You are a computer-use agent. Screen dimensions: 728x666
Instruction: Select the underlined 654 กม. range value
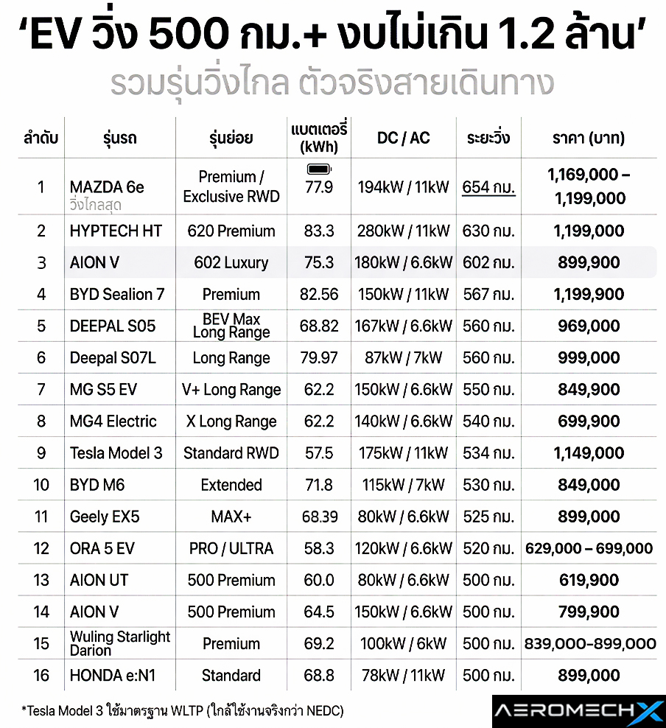coord(488,187)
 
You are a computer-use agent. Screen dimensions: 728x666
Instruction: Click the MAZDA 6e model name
coord(107,187)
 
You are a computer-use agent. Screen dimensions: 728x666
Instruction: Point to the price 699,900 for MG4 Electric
coord(589,421)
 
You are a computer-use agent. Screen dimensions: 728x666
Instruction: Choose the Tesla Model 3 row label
coord(116,453)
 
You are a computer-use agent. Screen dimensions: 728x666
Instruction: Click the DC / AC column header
coord(403,138)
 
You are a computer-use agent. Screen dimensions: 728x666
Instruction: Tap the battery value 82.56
coord(319,295)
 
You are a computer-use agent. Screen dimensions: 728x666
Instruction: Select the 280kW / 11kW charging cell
coord(403,231)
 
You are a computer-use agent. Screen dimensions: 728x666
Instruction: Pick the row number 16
coord(41,676)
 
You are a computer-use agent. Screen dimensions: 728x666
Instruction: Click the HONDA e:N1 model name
coord(113,676)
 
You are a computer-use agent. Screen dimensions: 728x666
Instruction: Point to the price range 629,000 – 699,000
coord(589,548)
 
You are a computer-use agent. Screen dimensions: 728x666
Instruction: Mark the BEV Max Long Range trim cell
coord(231,326)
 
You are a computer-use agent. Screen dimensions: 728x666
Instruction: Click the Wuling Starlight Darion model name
coord(119,643)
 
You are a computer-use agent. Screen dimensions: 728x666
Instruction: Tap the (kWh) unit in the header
coord(319,147)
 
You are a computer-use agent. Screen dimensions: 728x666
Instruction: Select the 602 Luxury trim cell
coord(231,263)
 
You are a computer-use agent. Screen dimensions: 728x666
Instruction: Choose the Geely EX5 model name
coord(105,517)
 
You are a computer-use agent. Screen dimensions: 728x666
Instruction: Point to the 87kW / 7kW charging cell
coord(403,358)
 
